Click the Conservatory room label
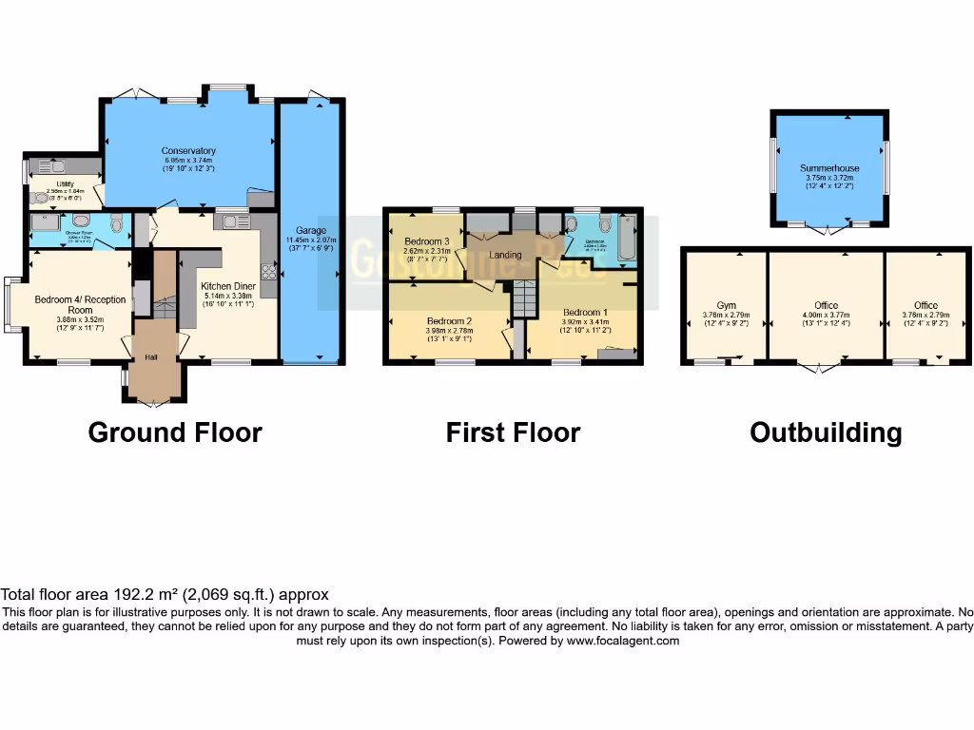[188, 151]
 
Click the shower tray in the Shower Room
[44, 222]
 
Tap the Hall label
[151, 356]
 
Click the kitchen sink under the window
[231, 221]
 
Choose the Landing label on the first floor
[505, 255]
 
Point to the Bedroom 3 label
[425, 241]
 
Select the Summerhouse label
[829, 168]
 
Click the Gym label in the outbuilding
[726, 305]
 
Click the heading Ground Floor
[175, 432]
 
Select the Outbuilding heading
[826, 432]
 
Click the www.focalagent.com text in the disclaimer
[622, 641]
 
